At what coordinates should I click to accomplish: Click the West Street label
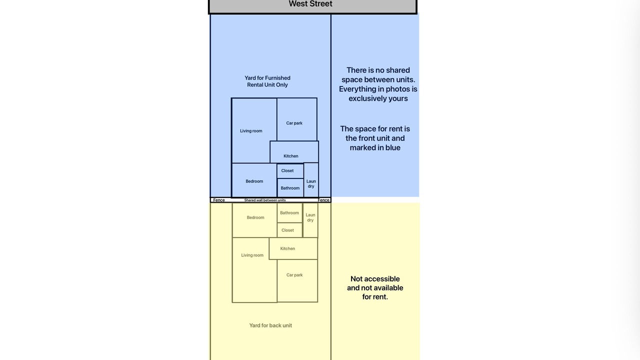click(x=310, y=3)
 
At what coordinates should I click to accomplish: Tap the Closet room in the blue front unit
click(x=290, y=171)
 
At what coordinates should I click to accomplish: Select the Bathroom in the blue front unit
click(x=290, y=188)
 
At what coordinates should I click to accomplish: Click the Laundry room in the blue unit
click(x=311, y=180)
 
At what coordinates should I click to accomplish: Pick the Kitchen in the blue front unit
click(x=294, y=152)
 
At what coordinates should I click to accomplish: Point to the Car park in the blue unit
click(x=297, y=119)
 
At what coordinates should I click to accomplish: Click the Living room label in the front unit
click(x=251, y=131)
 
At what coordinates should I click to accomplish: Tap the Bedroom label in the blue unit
click(x=254, y=181)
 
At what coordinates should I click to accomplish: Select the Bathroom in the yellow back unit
click(x=289, y=213)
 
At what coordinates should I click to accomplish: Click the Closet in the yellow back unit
click(x=289, y=230)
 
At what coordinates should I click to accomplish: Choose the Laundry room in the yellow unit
click(x=310, y=220)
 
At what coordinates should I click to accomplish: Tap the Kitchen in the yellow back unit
click(x=293, y=248)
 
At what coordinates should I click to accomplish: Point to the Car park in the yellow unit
click(x=297, y=280)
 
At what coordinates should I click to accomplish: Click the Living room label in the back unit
click(x=252, y=255)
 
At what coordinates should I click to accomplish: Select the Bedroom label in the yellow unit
click(x=255, y=217)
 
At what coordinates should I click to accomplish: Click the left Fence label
click(x=219, y=200)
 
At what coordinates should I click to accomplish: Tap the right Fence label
click(x=323, y=200)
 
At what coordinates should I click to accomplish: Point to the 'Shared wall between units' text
click(x=265, y=200)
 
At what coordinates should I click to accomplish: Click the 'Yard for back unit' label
click(x=270, y=325)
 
